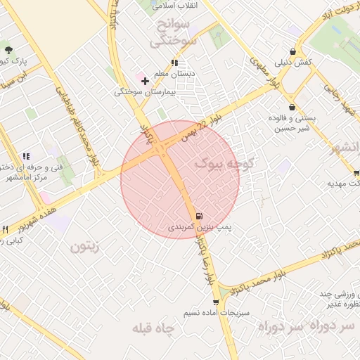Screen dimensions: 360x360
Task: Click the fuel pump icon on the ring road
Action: click(x=199, y=216)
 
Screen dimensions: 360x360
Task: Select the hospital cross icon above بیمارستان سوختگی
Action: click(x=145, y=81)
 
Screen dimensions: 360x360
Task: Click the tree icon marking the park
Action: click(x=8, y=50)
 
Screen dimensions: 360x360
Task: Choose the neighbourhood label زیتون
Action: click(x=85, y=247)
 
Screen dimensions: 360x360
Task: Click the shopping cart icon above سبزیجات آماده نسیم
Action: click(x=215, y=302)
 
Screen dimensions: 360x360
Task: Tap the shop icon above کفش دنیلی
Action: click(x=300, y=51)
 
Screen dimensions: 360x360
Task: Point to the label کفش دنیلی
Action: click(x=294, y=63)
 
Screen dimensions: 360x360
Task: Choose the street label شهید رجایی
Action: click(x=335, y=94)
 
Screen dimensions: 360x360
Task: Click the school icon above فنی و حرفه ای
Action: click(x=26, y=156)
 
